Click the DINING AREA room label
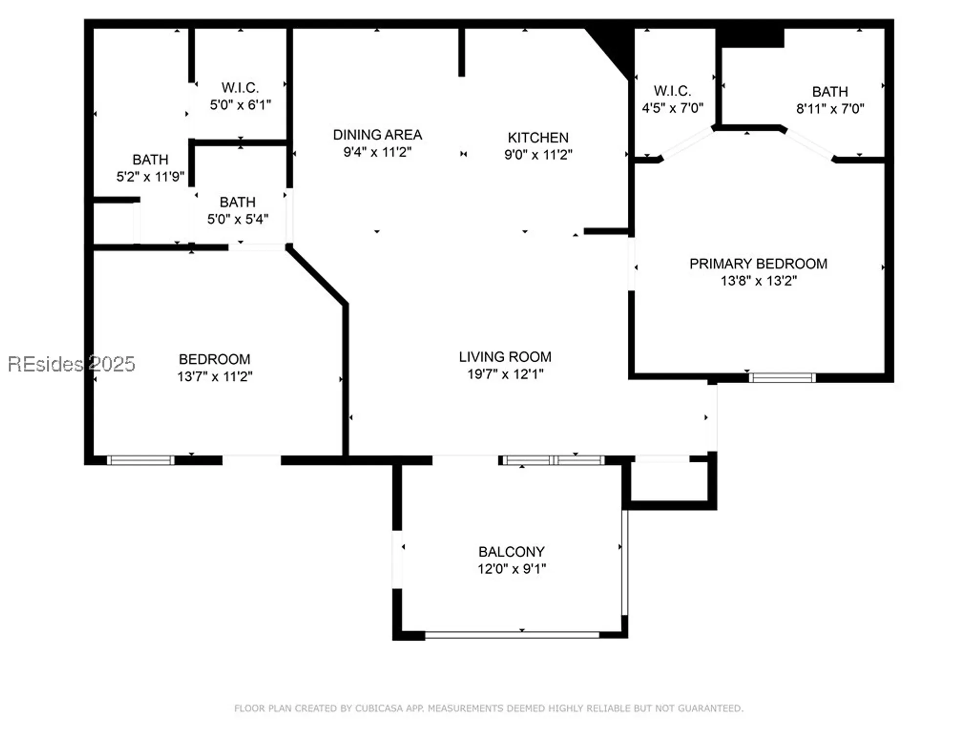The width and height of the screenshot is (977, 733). click(x=377, y=135)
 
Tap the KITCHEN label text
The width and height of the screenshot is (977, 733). click(x=538, y=137)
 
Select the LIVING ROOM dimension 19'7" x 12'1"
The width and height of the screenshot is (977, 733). click(x=505, y=374)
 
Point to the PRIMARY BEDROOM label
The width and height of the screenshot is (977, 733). click(x=758, y=264)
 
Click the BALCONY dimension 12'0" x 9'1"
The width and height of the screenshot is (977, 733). click(x=511, y=569)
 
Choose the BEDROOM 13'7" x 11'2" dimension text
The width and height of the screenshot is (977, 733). click(x=214, y=377)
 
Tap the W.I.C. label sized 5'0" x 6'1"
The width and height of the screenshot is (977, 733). click(x=240, y=88)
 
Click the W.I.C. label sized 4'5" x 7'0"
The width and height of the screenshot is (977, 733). click(x=672, y=91)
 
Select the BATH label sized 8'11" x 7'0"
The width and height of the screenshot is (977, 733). click(x=829, y=92)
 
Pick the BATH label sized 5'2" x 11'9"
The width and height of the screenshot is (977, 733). click(x=150, y=160)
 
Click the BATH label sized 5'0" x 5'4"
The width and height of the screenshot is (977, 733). click(x=237, y=202)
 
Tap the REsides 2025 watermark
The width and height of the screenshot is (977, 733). click(x=71, y=364)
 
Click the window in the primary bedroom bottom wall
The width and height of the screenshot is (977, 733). click(x=782, y=377)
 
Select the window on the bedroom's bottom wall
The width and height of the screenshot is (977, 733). click(x=141, y=460)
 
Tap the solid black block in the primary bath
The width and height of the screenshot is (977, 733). click(x=752, y=38)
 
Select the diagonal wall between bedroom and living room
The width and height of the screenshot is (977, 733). click(x=318, y=276)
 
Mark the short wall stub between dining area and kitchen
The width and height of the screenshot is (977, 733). click(x=462, y=52)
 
